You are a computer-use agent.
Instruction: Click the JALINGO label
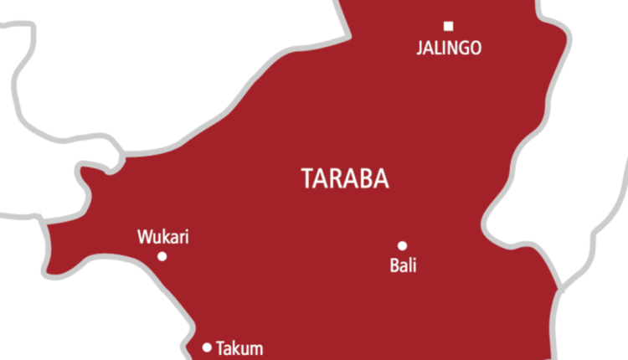pos(449,48)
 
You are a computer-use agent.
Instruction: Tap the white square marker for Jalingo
pos(448,25)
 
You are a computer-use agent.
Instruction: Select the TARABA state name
pos(346,178)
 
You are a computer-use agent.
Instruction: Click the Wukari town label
pos(162,238)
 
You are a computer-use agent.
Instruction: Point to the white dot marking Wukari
pos(162,256)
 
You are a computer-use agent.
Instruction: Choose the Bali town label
pos(403,267)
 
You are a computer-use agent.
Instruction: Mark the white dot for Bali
pos(402,245)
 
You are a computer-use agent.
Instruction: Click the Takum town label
pos(239,347)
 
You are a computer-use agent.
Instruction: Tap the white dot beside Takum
pos(207,347)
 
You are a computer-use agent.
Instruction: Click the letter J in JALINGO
pos(420,48)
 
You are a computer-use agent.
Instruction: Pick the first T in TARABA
pos(305,178)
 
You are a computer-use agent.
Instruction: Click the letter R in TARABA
pos(338,178)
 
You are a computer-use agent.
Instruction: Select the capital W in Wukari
pos(143,238)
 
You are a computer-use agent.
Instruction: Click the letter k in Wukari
pos(162,238)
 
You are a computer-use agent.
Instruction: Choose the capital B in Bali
pos(394,267)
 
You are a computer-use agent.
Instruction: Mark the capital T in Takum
pos(220,347)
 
